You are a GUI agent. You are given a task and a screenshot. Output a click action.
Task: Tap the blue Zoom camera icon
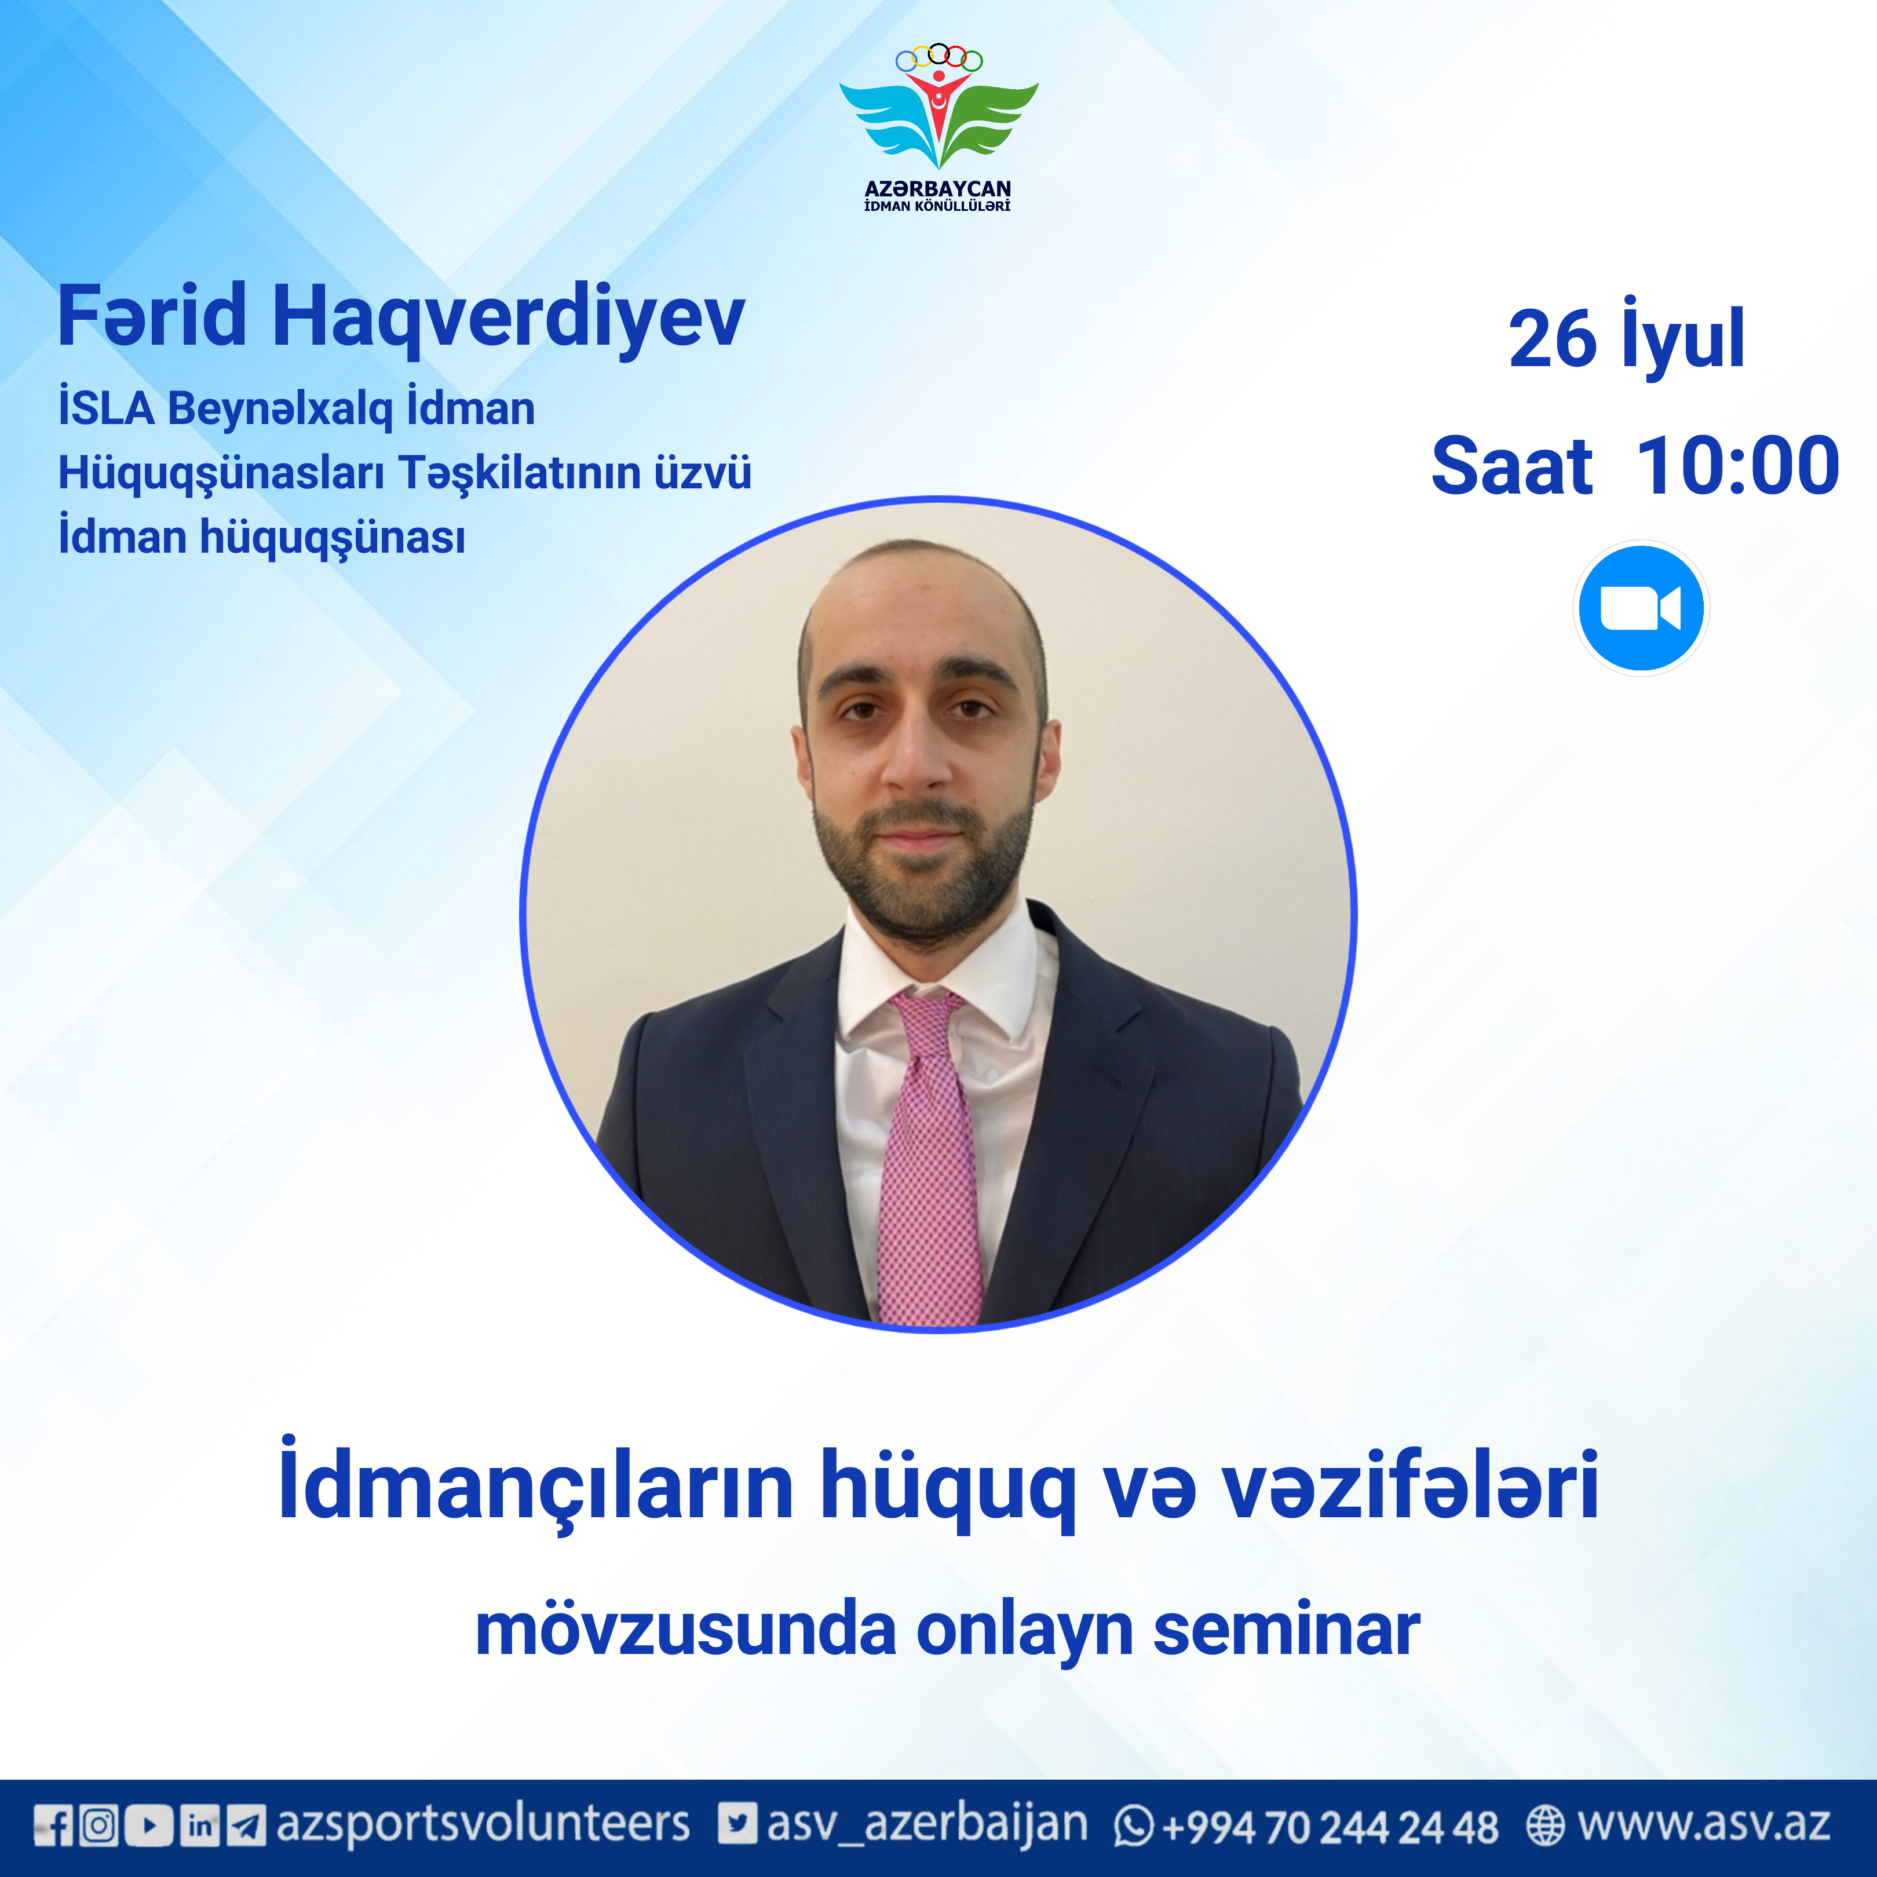point(1640,608)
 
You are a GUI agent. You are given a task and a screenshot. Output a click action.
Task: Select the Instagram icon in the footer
point(98,1824)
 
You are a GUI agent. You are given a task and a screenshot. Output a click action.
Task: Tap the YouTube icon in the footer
point(149,1824)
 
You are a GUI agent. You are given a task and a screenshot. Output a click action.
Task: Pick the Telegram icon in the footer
point(246,1824)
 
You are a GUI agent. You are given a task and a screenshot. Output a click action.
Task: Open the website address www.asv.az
point(1703,1824)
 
